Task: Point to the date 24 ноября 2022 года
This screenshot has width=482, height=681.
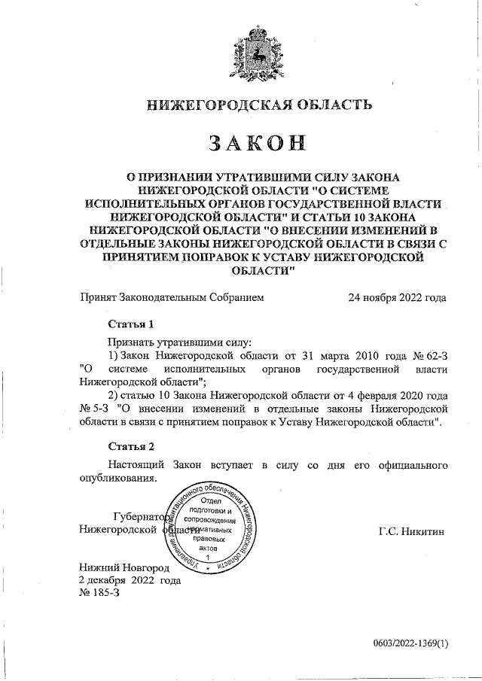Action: (397, 297)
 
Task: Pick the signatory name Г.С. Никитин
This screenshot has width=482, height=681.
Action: (412, 531)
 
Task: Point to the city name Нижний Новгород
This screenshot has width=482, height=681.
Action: (124, 568)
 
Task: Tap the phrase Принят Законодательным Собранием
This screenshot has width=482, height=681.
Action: (172, 297)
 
